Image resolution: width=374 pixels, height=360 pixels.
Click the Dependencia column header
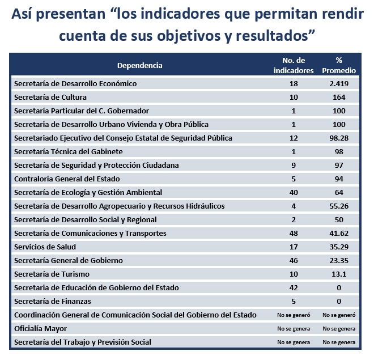pos(139,65)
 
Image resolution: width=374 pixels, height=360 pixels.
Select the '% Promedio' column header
pos(339,65)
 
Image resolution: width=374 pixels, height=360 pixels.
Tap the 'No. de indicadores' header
pos(294,65)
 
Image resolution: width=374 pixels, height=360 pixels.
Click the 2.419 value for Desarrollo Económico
pos(339,83)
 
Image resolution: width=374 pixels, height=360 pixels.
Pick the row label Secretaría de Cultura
pos(50,97)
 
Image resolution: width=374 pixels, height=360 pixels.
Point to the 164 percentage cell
pos(339,97)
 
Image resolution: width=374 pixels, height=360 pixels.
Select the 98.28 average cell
pos(339,138)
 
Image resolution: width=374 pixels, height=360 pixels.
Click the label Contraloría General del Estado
pos(67,179)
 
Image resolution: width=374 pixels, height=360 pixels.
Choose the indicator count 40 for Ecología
pos(294,192)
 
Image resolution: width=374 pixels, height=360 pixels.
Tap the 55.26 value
pos(339,206)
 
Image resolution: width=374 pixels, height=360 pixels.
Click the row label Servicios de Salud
pos(45,247)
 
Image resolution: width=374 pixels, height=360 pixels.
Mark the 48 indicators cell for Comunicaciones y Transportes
pos(294,233)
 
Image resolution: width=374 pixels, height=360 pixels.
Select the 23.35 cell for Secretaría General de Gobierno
pos(339,260)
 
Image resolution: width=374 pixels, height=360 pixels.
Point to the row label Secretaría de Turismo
pos(52,274)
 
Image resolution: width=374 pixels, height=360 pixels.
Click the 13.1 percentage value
pos(339,274)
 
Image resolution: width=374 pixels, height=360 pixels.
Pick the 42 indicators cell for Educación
pos(294,287)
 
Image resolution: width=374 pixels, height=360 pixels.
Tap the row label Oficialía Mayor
pos(41,328)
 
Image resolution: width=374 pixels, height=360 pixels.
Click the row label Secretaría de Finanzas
pos(53,301)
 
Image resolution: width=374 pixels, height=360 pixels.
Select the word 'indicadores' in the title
pos(181,14)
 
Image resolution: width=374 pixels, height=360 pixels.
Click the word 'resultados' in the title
pos(272,36)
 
